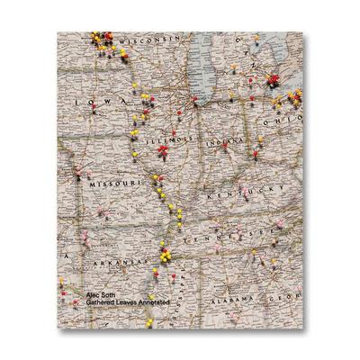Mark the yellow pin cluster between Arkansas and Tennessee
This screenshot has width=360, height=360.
(166, 256)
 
